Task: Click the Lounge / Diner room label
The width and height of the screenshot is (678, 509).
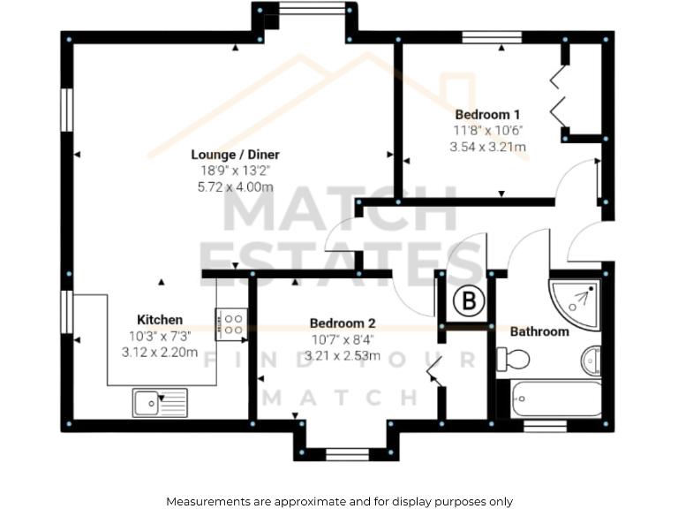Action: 236,155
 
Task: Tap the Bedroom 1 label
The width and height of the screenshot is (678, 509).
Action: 487,114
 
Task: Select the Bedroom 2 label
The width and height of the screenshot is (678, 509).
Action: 343,323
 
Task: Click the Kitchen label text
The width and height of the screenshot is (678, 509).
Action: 160,319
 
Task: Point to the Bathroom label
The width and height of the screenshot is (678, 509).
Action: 539,331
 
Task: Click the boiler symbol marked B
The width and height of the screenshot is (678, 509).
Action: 470,302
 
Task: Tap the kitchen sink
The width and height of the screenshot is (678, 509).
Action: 160,403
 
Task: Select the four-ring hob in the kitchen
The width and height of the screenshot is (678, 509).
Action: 232,323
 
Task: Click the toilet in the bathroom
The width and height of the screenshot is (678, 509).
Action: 513,359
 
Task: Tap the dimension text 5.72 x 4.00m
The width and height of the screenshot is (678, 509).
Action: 236,187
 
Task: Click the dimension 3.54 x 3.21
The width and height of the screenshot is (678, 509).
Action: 487,147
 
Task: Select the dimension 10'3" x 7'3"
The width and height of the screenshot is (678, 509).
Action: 160,336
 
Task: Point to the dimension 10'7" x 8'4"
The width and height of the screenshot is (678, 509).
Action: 343,340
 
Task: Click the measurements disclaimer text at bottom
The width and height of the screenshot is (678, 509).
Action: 339,501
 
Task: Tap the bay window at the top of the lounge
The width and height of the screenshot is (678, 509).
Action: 305,11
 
